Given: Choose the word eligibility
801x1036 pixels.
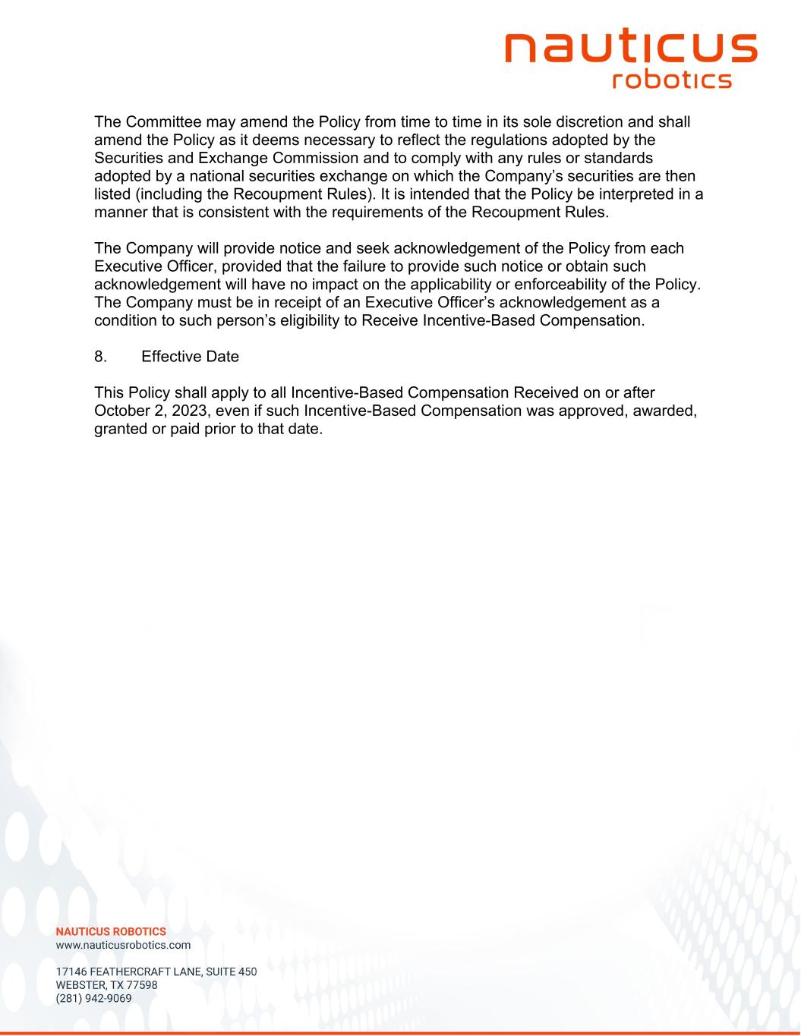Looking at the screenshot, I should click(319, 320).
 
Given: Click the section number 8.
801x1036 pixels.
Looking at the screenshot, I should click(99, 357).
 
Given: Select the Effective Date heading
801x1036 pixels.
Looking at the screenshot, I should click(190, 357).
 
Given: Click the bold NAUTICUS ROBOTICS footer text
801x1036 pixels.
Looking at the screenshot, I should click(111, 931).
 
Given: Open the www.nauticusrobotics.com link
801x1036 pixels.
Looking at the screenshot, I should click(124, 946).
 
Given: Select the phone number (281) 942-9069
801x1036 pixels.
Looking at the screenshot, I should click(94, 999).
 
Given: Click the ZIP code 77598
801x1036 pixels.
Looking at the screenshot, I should click(141, 985).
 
